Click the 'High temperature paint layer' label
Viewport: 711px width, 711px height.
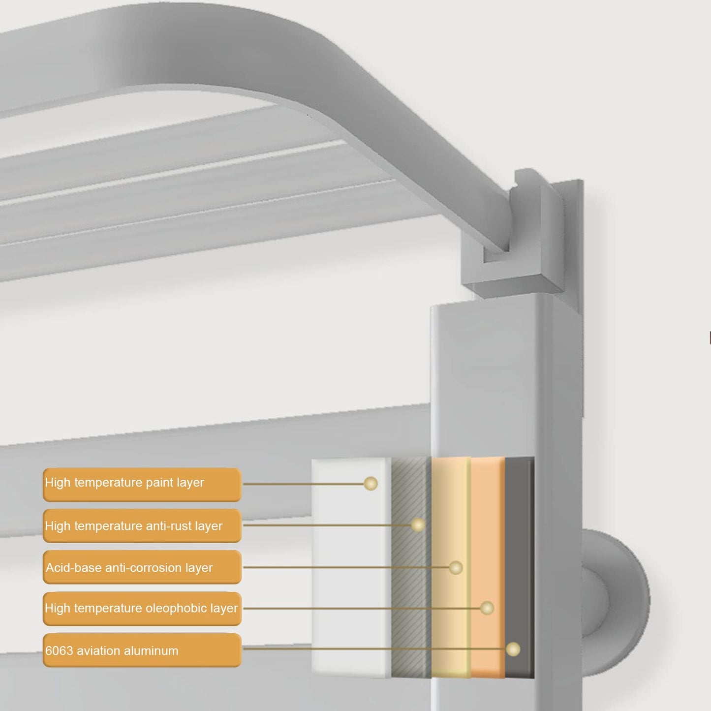[142, 485]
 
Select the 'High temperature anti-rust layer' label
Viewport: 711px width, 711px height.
[142, 526]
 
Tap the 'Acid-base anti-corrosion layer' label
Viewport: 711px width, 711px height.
[142, 567]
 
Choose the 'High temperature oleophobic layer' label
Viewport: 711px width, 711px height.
[142, 609]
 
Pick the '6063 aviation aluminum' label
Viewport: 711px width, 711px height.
[142, 650]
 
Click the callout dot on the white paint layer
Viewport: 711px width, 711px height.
[371, 483]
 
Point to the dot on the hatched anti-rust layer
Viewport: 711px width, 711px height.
[418, 525]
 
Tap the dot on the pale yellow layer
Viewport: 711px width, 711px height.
[456, 567]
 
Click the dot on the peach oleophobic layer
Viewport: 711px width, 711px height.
[487, 608]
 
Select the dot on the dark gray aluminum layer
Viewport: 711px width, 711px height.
[513, 649]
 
